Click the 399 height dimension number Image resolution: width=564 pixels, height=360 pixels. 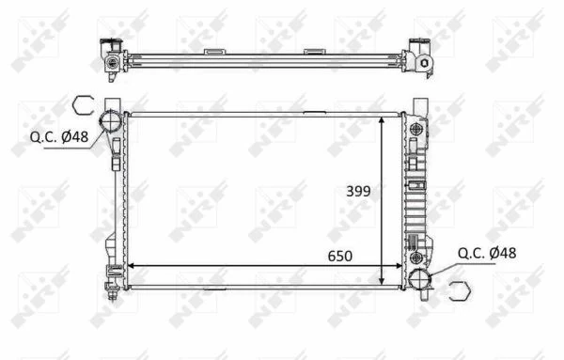pyautogui.click(x=357, y=191)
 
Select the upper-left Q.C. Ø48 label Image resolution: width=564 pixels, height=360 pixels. pyautogui.click(x=55, y=136)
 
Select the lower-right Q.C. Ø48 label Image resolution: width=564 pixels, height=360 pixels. pyautogui.click(x=487, y=252)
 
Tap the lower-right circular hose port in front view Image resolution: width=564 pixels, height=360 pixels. pyautogui.click(x=421, y=279)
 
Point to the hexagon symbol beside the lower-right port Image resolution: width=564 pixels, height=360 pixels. pyautogui.click(x=458, y=290)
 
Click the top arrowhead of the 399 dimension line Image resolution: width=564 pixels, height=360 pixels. pyautogui.click(x=381, y=120)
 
